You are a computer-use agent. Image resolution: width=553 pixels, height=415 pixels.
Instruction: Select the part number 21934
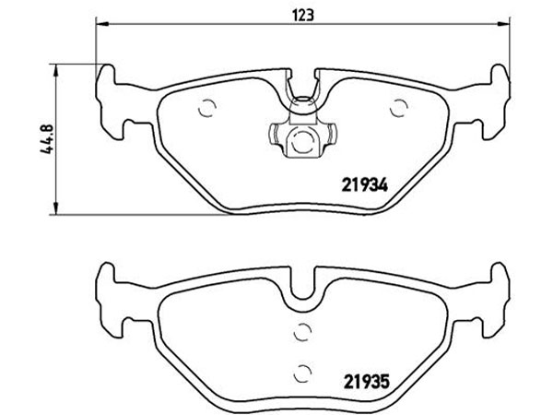click(357, 183)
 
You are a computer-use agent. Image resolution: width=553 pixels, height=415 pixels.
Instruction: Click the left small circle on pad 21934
click(206, 107)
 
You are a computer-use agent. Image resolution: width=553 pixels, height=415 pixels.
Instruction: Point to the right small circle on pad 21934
click(398, 108)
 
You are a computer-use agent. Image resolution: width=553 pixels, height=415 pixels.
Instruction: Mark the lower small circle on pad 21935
click(300, 373)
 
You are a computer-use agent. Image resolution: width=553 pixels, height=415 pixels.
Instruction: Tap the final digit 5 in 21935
click(377, 380)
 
